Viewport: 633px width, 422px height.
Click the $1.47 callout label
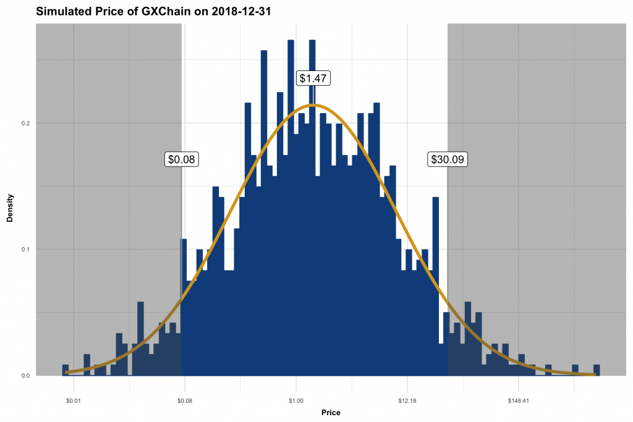pyautogui.click(x=314, y=78)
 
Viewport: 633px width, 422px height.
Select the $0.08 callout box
pyautogui.click(x=182, y=159)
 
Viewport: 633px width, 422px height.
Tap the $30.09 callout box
pyautogui.click(x=448, y=159)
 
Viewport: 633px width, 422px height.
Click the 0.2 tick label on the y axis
pyautogui.click(x=25, y=123)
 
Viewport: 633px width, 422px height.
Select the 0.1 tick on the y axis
pyautogui.click(x=25, y=250)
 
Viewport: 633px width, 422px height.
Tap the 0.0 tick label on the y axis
pyautogui.click(x=25, y=376)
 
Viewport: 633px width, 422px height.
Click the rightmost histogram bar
pyautogui.click(x=597, y=370)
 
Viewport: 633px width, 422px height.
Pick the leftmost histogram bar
pyautogui.click(x=66, y=370)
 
